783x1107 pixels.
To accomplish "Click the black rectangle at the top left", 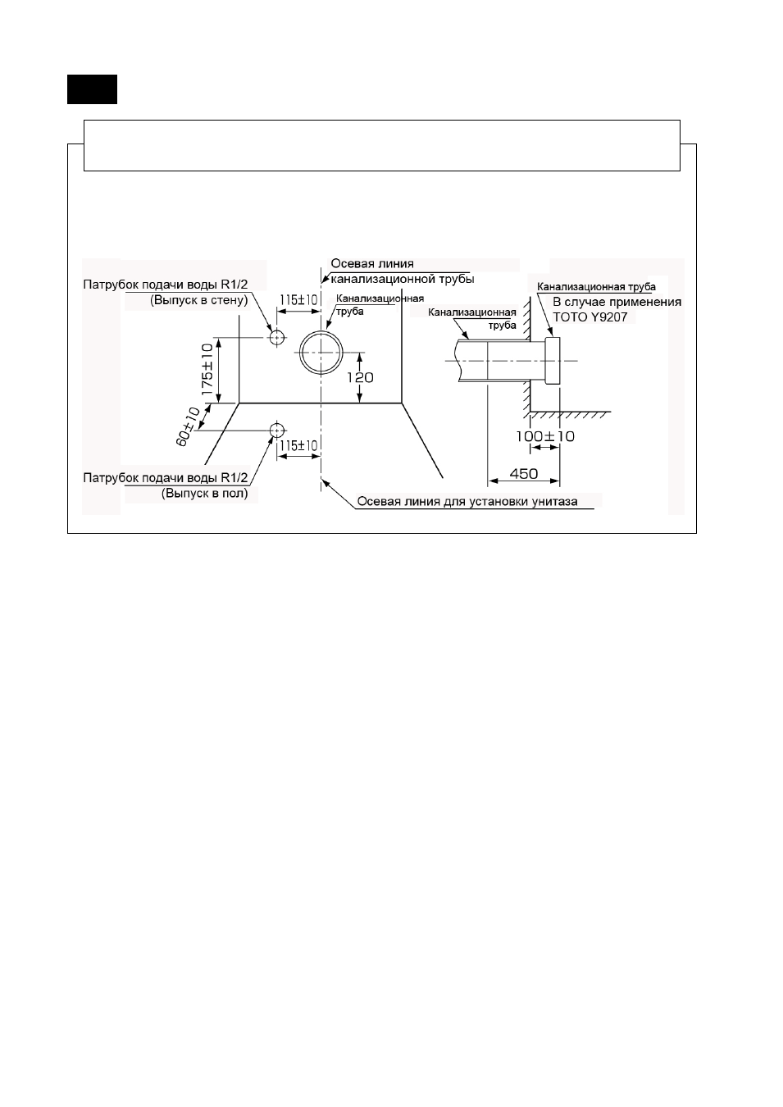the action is pyautogui.click(x=93, y=89).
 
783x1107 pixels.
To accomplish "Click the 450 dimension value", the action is pyautogui.click(x=524, y=474).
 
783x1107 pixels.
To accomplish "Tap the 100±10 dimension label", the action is pyautogui.click(x=545, y=436).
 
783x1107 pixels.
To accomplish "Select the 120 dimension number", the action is pyautogui.click(x=360, y=377).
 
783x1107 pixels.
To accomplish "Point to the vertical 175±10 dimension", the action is pyautogui.click(x=207, y=369).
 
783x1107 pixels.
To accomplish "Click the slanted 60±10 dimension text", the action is pyautogui.click(x=189, y=426).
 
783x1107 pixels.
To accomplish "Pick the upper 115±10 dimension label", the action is pyautogui.click(x=298, y=300).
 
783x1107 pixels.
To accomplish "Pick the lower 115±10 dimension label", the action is pyautogui.click(x=298, y=446).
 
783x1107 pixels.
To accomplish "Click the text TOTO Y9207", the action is pyautogui.click(x=590, y=317).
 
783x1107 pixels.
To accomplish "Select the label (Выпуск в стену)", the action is pyautogui.click(x=198, y=300).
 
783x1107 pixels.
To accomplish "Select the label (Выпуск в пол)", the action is pyautogui.click(x=204, y=493).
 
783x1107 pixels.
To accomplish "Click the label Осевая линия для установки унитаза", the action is pyautogui.click(x=467, y=502).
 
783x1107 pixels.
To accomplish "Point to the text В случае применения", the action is pyautogui.click(x=617, y=302).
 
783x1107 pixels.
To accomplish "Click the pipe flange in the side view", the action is pyautogui.click(x=553, y=361).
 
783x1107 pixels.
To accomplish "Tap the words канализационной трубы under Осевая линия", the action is pyautogui.click(x=402, y=280).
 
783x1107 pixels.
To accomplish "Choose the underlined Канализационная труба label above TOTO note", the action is pyautogui.click(x=596, y=287).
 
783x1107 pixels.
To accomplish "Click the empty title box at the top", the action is pyautogui.click(x=382, y=145).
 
